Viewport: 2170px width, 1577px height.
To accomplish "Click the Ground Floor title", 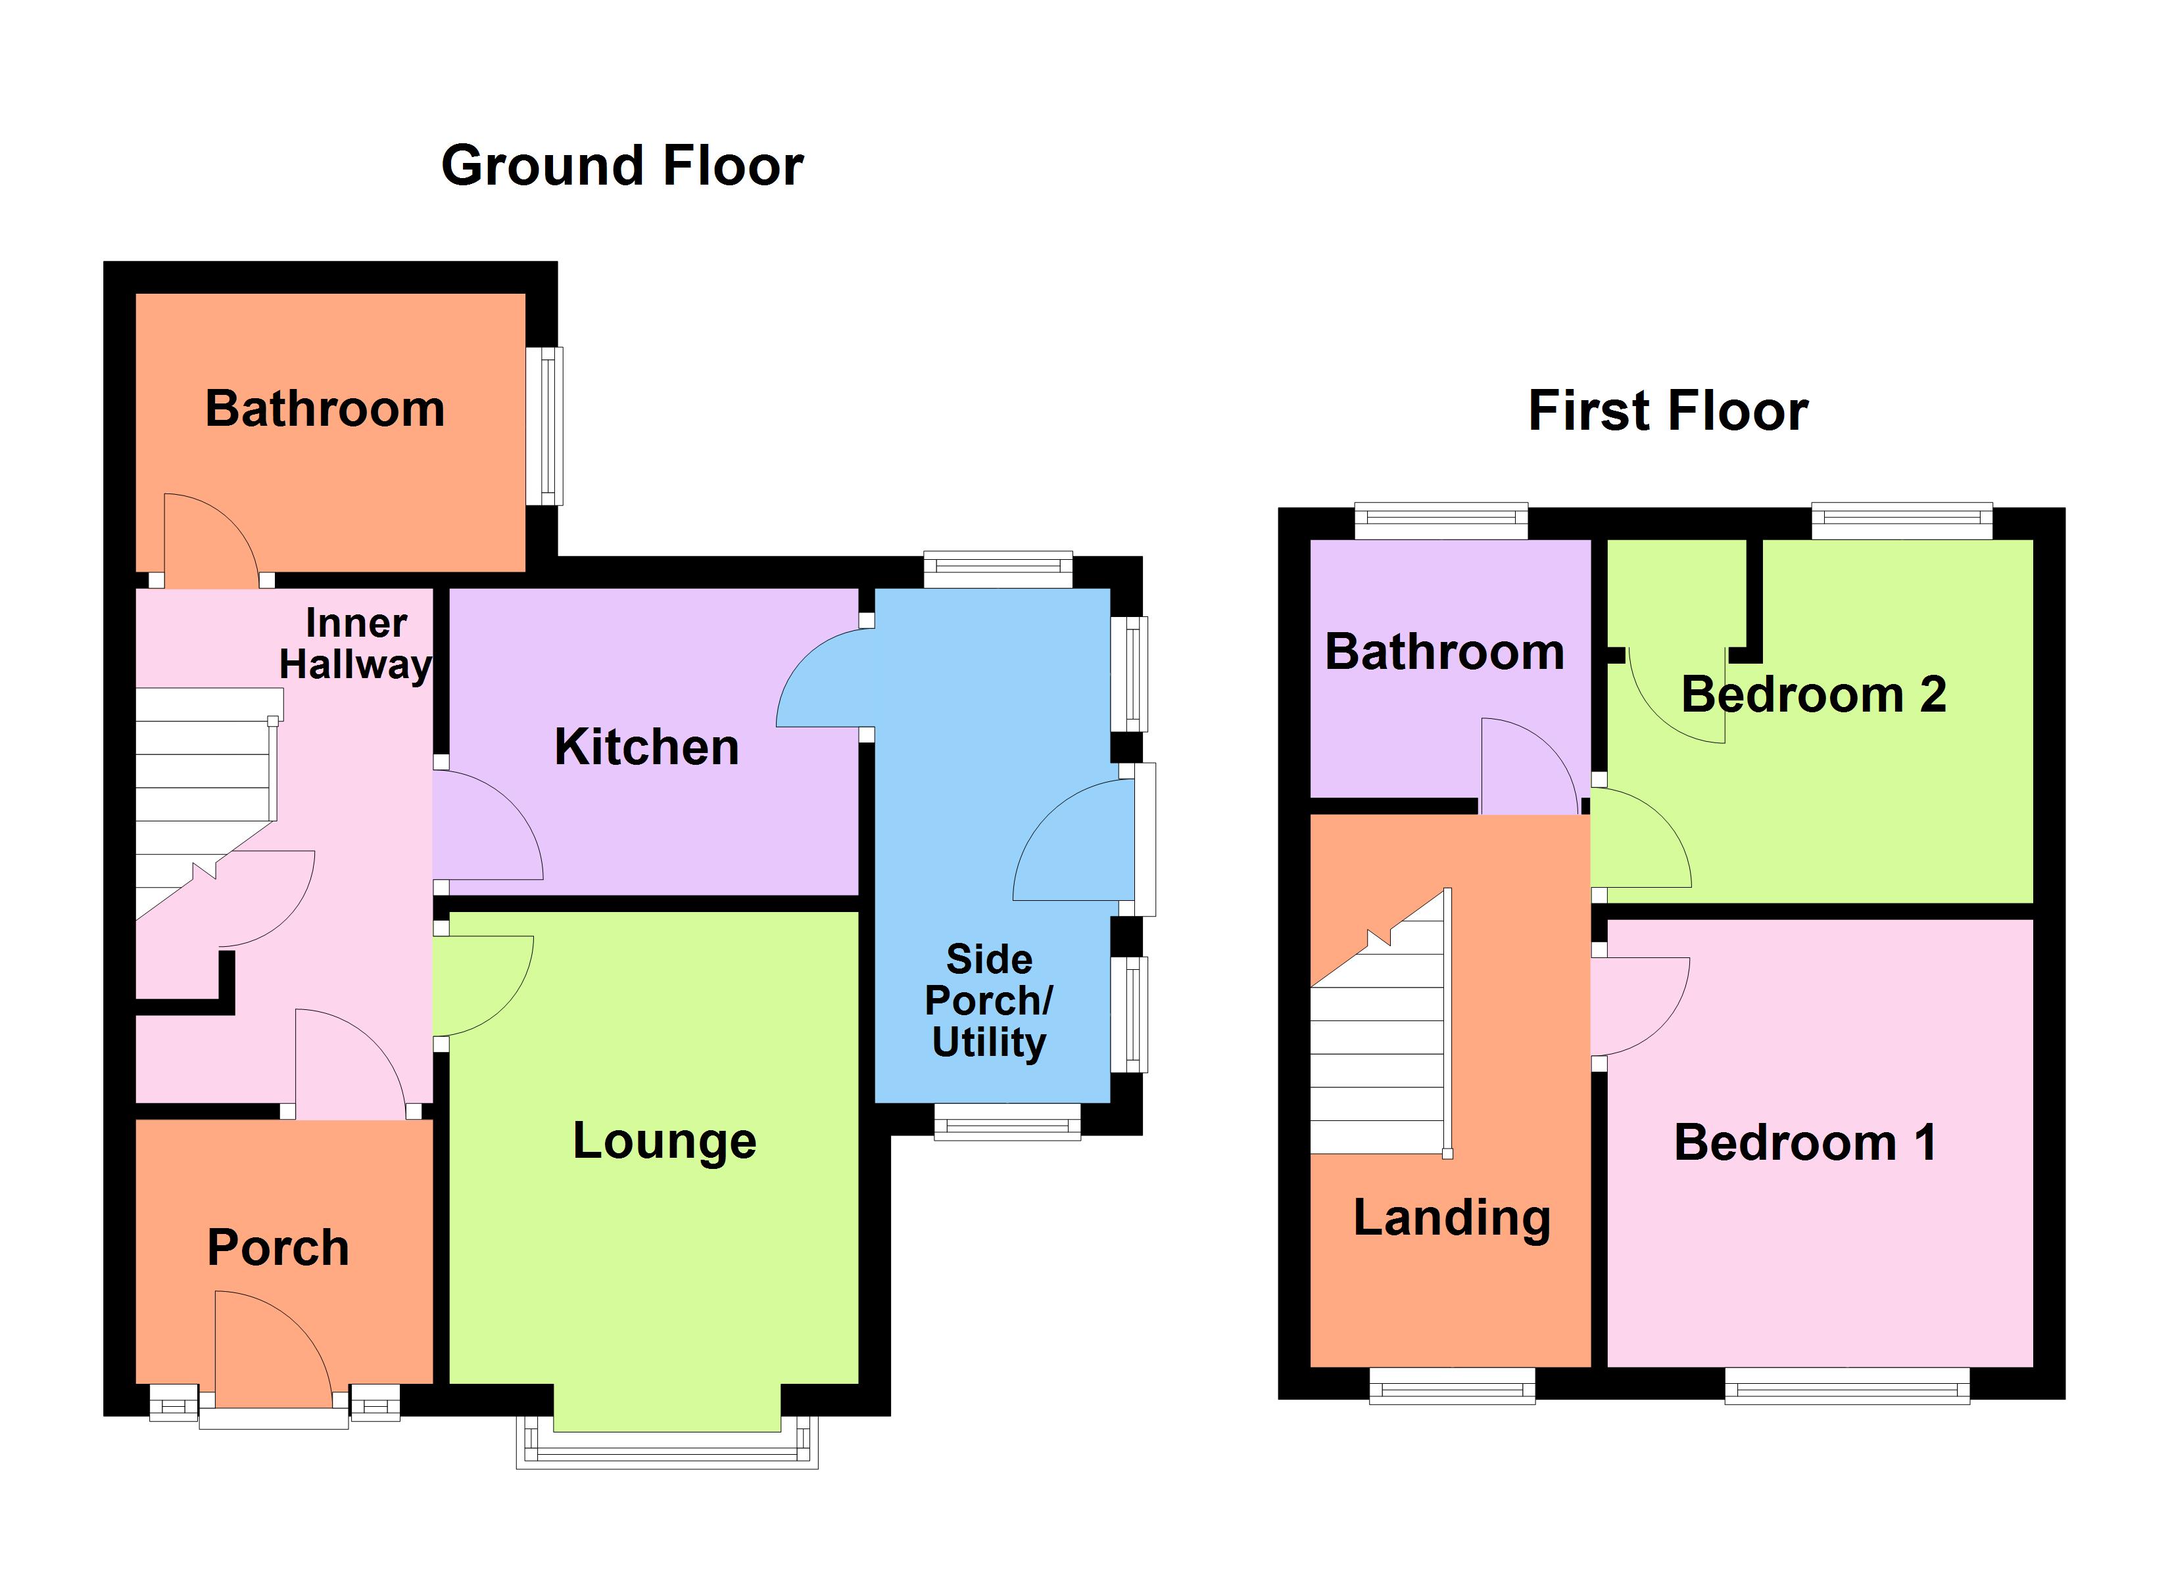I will (622, 166).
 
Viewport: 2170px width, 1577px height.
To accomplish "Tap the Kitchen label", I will (647, 747).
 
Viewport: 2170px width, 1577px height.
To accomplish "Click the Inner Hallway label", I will (356, 644).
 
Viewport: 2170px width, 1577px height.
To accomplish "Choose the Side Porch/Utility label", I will (988, 1000).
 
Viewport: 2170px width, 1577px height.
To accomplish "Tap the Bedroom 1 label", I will (1804, 1142).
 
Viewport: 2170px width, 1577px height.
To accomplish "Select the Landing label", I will (1451, 1218).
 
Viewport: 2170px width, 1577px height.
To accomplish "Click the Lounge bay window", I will (667, 1444).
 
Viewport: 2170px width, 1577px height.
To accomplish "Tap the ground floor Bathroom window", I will (544, 426).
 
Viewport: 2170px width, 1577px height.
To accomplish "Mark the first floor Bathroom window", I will (1440, 520).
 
